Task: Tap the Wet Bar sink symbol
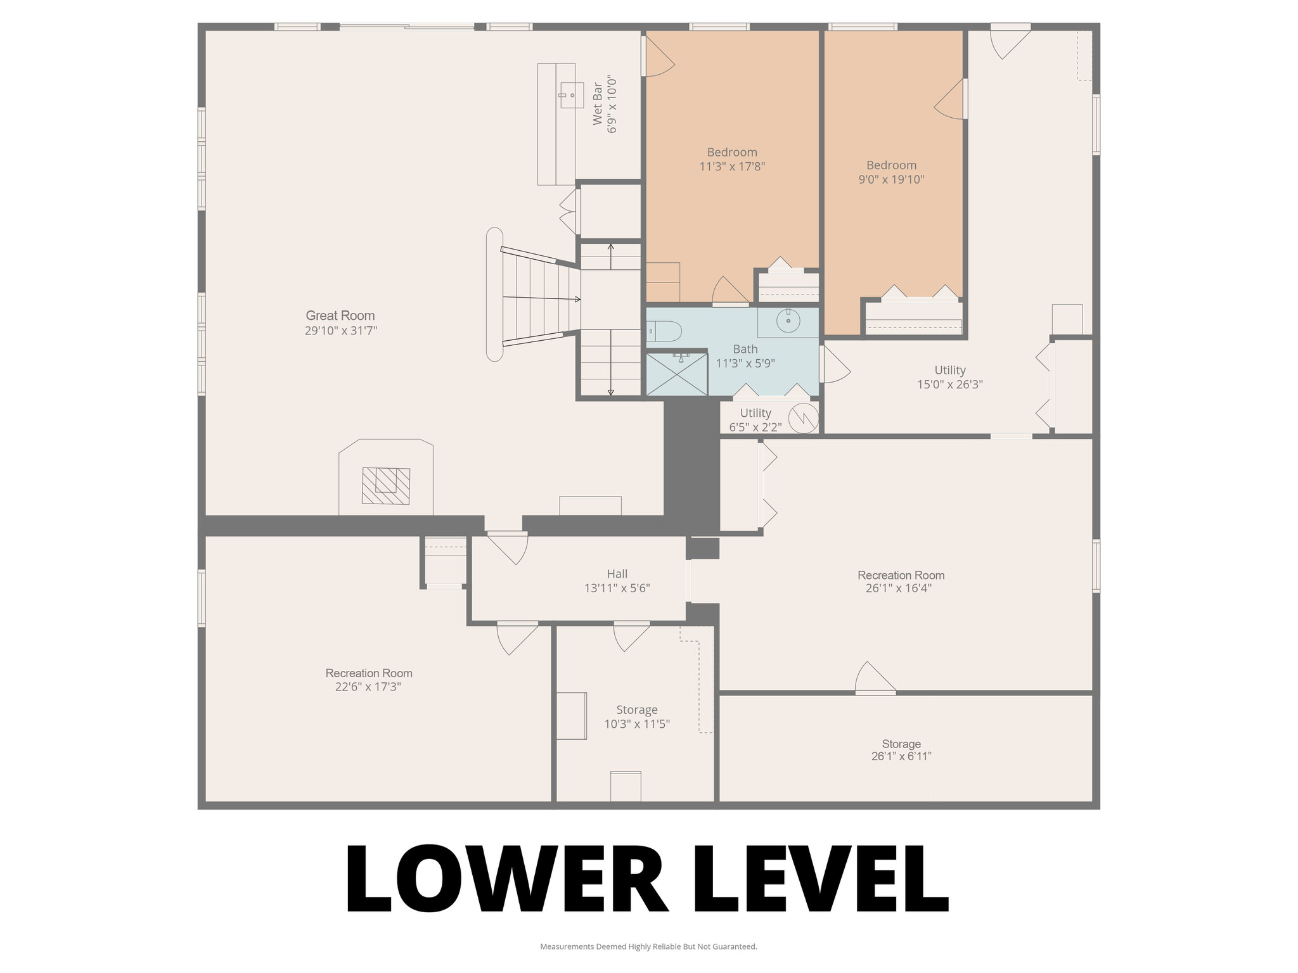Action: click(x=572, y=95)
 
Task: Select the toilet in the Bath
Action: click(x=664, y=331)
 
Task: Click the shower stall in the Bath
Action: click(x=676, y=374)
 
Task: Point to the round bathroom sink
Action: click(x=788, y=321)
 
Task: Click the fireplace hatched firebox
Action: click(x=385, y=486)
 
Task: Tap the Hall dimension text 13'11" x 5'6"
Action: click(x=617, y=588)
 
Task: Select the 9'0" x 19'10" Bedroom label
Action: click(x=891, y=172)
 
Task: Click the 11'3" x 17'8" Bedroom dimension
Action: click(x=732, y=167)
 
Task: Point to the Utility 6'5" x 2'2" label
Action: click(x=755, y=420)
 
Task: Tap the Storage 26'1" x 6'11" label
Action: click(x=901, y=750)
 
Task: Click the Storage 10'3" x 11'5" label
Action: click(x=636, y=717)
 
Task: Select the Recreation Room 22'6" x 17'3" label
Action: click(x=368, y=680)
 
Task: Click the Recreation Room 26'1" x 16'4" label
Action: click(x=901, y=582)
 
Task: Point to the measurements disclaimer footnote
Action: click(x=648, y=946)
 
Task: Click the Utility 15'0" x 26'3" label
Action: click(x=949, y=377)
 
